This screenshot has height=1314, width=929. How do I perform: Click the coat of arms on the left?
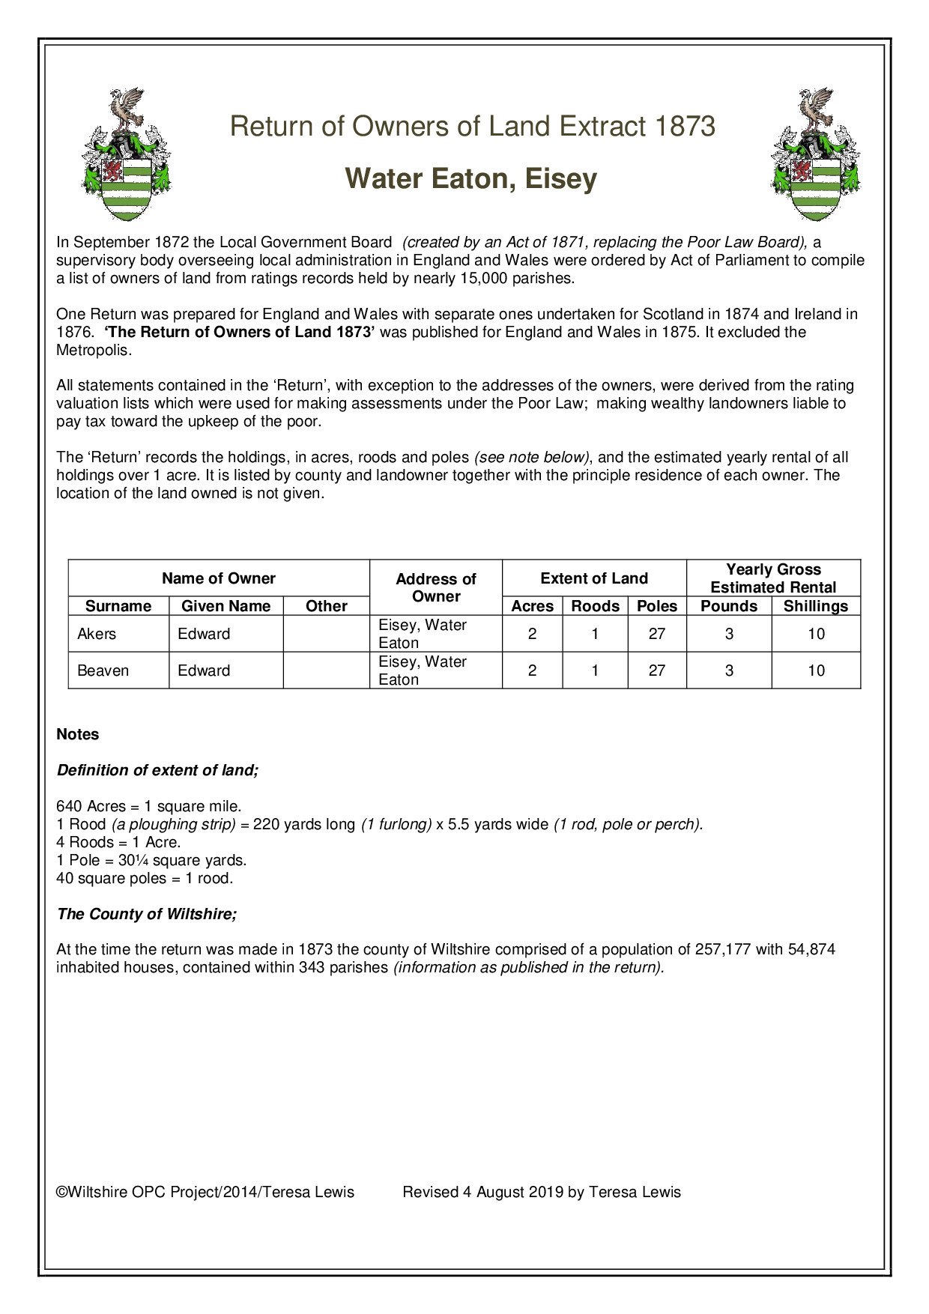(x=126, y=155)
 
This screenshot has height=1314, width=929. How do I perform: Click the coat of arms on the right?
(x=816, y=155)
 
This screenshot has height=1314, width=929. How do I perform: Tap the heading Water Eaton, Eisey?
(x=470, y=179)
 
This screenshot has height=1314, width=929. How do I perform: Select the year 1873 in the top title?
(x=684, y=127)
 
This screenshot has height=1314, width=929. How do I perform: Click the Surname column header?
(x=118, y=606)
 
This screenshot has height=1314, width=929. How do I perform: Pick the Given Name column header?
(x=226, y=606)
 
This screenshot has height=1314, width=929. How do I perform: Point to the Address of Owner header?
(x=435, y=588)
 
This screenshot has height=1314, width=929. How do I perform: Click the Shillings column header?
(x=816, y=606)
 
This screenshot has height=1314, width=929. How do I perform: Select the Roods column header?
(x=595, y=606)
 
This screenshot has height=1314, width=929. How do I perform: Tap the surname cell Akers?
(x=97, y=634)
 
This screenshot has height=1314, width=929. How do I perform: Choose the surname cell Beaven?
(x=103, y=670)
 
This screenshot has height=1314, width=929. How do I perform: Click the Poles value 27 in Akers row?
(x=656, y=634)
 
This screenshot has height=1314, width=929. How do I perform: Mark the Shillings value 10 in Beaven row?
(x=816, y=670)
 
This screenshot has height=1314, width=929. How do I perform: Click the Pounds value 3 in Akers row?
(x=729, y=634)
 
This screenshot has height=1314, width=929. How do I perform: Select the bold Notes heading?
(x=78, y=734)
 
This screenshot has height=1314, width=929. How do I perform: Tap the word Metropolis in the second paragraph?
(x=93, y=350)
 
